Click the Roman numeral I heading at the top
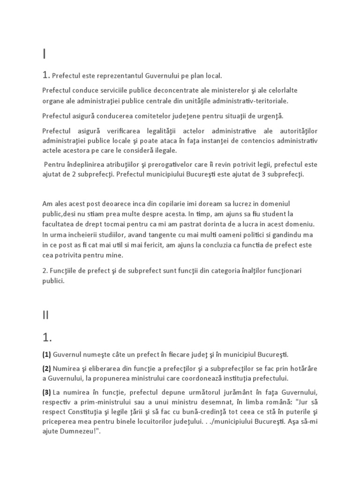point(44,54)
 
